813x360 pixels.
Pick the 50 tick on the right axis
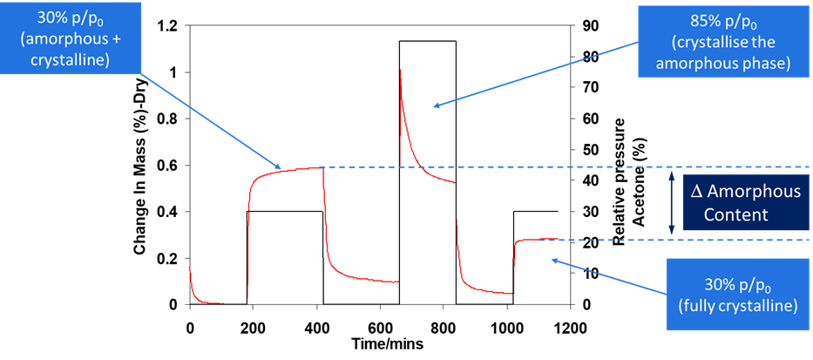[588, 150]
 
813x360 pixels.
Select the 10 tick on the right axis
[588, 274]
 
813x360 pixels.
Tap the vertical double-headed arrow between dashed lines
[671, 203]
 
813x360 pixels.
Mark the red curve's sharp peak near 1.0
[400, 70]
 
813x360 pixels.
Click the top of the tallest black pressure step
[427, 41]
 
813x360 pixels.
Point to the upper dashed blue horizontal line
[566, 166]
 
